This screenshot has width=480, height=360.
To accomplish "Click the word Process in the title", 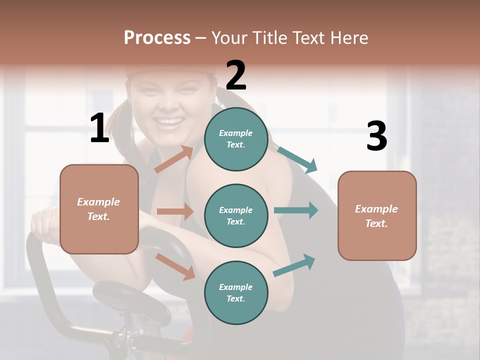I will point(157,37).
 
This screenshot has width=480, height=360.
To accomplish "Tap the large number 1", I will point(99,128).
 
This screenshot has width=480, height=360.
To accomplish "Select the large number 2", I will point(236,75).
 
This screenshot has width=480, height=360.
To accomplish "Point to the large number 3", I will point(376,136).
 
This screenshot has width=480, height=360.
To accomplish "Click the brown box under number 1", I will point(99,209).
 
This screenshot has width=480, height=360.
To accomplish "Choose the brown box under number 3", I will point(377,215).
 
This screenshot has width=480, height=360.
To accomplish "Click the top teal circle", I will point(236,139).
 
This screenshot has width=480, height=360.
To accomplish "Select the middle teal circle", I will point(236,215).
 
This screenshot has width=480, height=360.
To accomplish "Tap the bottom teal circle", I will point(236,292).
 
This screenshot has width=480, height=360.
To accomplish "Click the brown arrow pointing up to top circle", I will point(174,159).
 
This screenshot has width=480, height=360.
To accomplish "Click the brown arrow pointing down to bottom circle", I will point(175,266).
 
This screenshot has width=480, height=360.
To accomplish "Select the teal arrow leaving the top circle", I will point(297,159).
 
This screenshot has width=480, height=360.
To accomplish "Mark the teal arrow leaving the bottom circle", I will point(294,265).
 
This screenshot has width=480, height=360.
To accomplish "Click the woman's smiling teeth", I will point(170,121).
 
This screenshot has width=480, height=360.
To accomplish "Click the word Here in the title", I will point(349,37).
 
